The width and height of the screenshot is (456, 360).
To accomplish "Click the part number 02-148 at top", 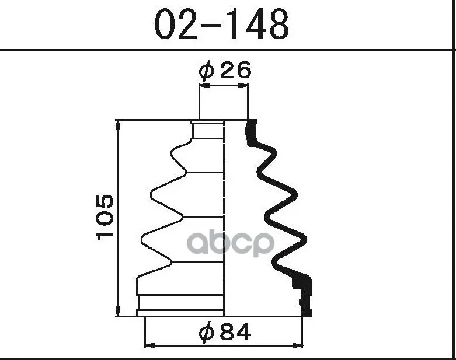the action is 222,25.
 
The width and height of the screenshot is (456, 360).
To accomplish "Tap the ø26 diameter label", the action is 225,71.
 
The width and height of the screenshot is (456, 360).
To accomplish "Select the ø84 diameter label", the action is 225,332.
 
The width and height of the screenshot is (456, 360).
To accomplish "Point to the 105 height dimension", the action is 105,218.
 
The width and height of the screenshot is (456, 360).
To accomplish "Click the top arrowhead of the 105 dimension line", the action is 118,125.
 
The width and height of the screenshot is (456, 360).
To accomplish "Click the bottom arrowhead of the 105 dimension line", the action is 118,311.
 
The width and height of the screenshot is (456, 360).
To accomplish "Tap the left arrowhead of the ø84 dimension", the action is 150,345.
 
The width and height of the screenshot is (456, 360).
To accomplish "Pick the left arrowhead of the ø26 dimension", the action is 204,85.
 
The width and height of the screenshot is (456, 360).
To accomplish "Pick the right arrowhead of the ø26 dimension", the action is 243,85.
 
